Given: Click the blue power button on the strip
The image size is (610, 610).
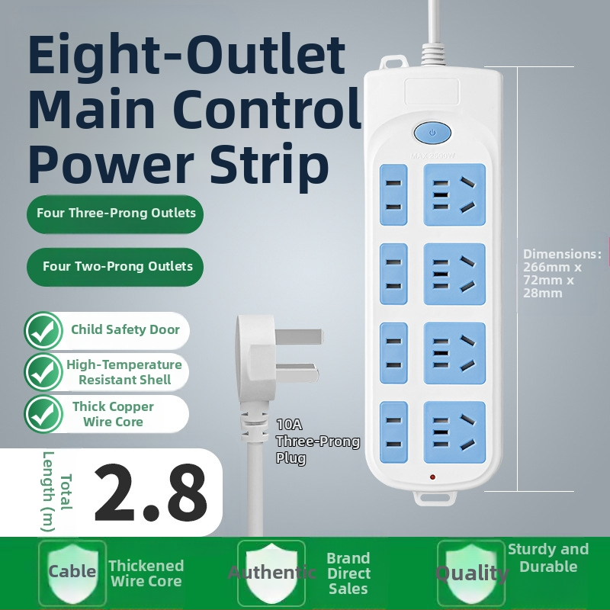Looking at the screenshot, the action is click(x=432, y=133).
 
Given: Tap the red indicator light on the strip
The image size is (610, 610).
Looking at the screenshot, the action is click(x=432, y=477).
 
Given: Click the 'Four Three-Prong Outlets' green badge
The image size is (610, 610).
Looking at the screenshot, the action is click(x=115, y=214).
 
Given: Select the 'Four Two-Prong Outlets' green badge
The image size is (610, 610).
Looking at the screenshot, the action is click(x=115, y=267).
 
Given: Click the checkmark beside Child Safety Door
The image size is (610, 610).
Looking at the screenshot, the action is click(x=43, y=331).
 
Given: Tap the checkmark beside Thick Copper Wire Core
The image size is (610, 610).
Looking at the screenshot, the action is click(x=43, y=414).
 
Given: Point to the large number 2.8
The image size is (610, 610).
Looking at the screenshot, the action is click(x=151, y=493).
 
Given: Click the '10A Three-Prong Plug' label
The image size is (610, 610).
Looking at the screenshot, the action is click(x=318, y=441).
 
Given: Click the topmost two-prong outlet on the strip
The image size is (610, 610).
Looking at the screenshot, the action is click(x=393, y=194).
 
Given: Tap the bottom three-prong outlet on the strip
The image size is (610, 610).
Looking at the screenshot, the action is click(x=454, y=432).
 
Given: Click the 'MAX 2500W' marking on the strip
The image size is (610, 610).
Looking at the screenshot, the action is click(x=432, y=156).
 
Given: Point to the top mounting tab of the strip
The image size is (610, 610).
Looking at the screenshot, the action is click(x=393, y=63).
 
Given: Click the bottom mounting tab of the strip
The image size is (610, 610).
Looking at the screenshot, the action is click(x=435, y=498).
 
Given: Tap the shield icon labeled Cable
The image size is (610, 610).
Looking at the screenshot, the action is click(x=72, y=572).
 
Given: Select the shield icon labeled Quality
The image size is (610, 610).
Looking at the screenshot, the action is click(x=471, y=573).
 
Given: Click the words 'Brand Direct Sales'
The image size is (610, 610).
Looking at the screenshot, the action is click(x=348, y=573).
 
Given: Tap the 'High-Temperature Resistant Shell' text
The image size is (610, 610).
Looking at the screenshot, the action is click(x=124, y=372).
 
